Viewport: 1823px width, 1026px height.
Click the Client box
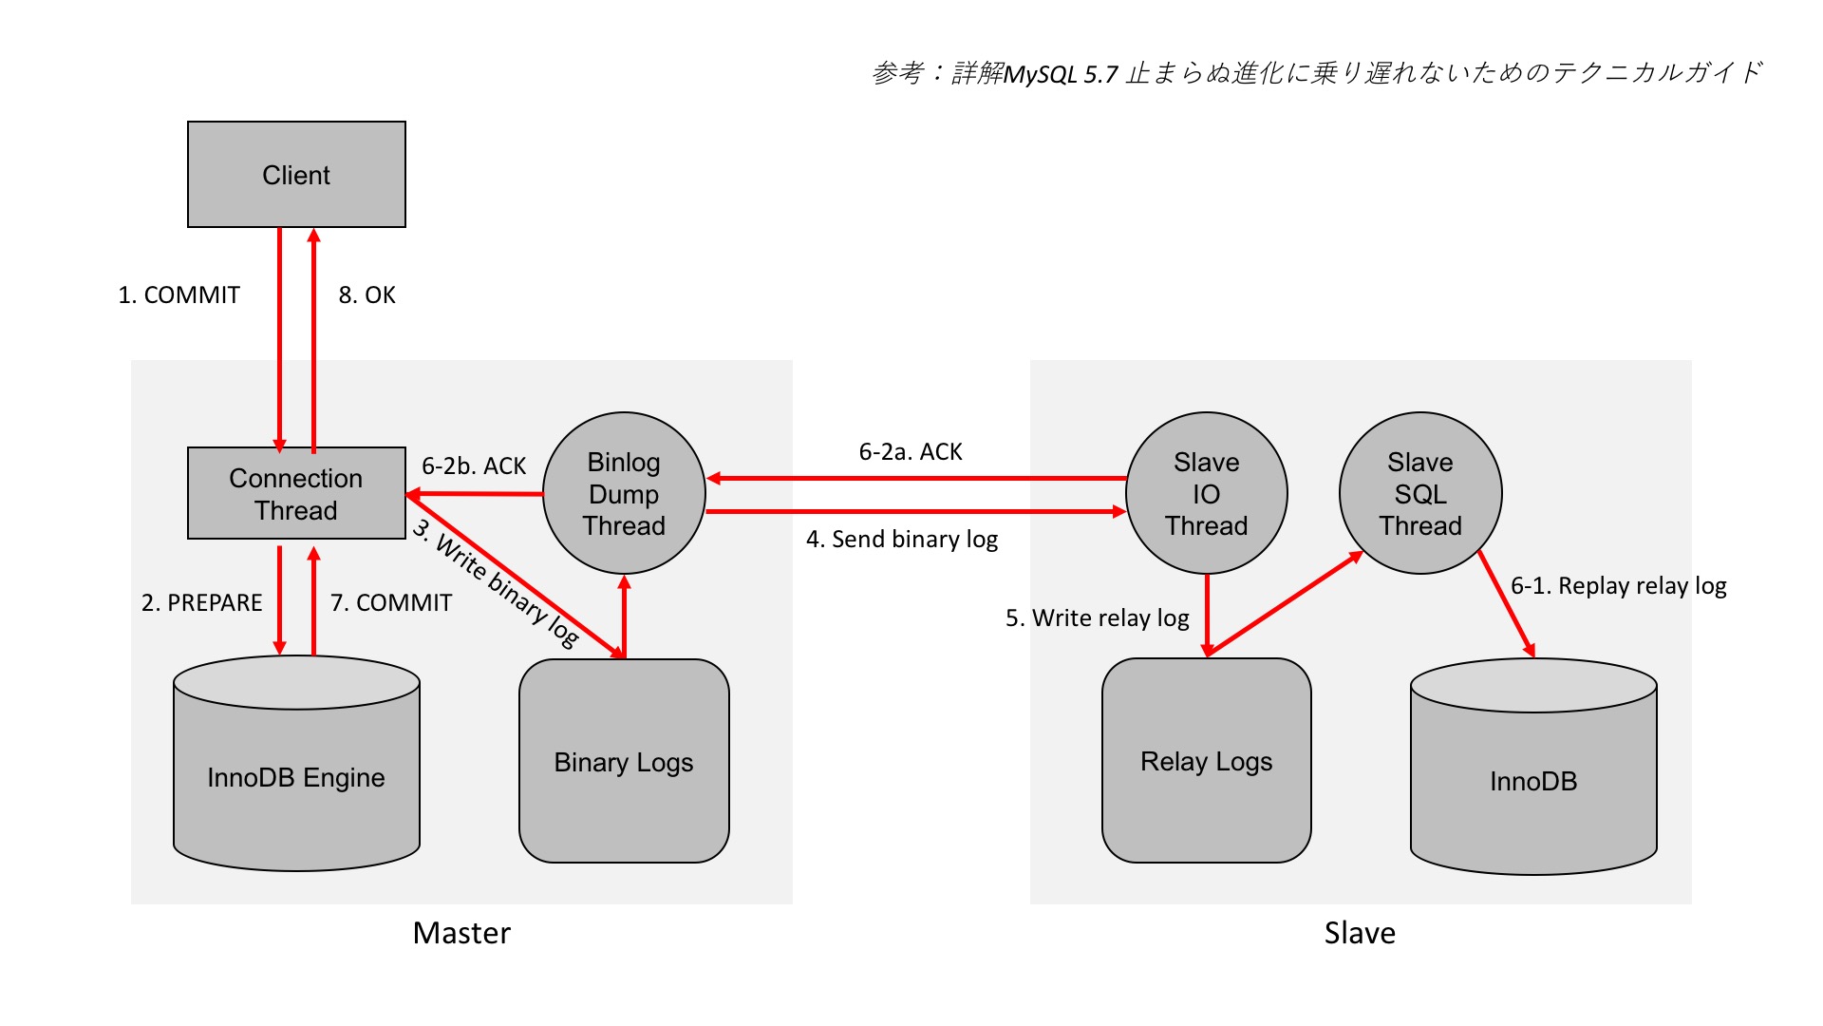[296, 175]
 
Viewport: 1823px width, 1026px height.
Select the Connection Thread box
[296, 493]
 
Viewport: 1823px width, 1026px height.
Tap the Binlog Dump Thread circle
[624, 493]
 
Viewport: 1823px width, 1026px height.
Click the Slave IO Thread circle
[1206, 493]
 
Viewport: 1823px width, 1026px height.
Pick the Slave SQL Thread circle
[1420, 493]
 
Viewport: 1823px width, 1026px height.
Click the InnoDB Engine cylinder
[296, 777]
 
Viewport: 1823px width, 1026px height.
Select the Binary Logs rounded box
[624, 762]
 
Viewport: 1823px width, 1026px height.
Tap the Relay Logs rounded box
[1206, 761]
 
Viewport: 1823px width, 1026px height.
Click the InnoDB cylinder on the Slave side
[1533, 781]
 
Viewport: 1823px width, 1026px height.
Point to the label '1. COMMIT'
[179, 295]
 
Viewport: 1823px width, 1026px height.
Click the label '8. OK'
[366, 295]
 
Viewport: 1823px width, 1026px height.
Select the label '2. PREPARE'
[201, 603]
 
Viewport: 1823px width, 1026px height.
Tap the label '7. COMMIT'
[391, 603]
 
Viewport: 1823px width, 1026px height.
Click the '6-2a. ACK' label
[911, 452]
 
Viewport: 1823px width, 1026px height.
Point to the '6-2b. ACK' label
[473, 466]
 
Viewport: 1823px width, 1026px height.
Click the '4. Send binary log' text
[902, 540]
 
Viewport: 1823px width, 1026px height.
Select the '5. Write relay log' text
[1098, 618]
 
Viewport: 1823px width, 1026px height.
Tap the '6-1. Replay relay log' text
[1618, 586]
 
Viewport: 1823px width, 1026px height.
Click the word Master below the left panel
[461, 933]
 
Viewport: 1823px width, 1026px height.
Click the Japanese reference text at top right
[1317, 73]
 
